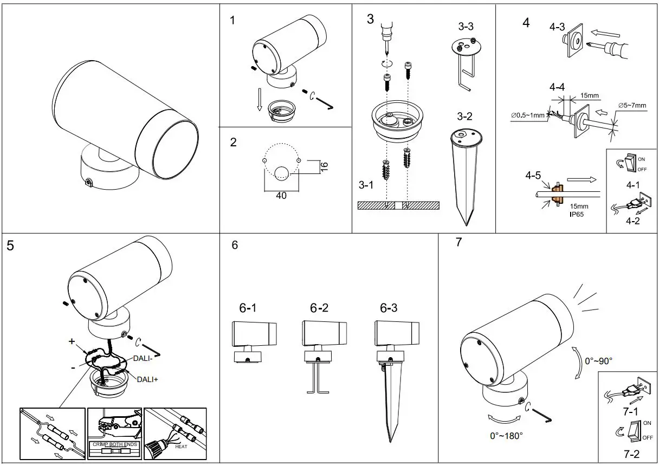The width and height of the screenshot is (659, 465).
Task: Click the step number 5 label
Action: coord(11,246)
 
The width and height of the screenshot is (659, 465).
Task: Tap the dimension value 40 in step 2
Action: coord(281,196)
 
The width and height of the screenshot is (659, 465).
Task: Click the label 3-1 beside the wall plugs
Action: coord(366,185)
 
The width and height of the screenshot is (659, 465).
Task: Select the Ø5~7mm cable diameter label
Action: coord(632,105)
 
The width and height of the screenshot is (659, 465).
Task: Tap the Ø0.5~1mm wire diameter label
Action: coord(529,115)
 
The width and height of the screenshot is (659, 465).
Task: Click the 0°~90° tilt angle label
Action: coord(599,361)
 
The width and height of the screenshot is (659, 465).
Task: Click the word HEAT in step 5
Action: coord(181,447)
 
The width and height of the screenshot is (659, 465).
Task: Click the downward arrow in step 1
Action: coord(260,101)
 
